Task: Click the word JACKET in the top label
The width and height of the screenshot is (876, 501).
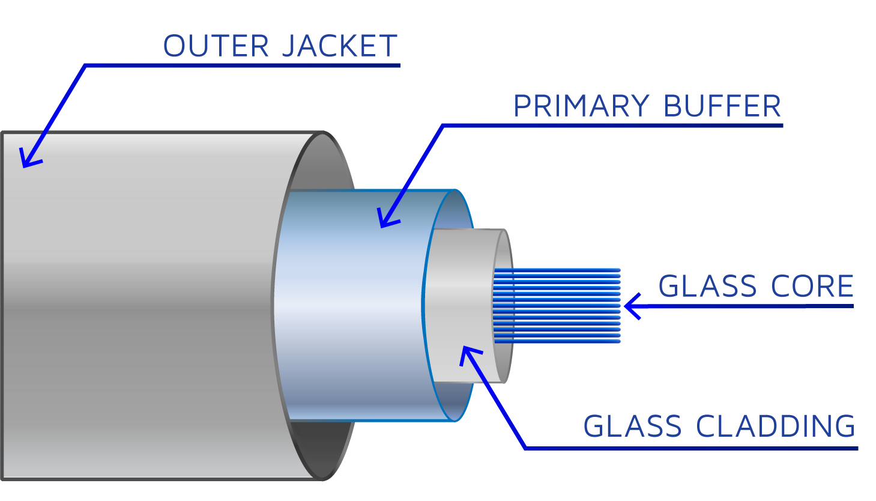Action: tap(339, 46)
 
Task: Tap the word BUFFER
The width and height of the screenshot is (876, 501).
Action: tap(722, 106)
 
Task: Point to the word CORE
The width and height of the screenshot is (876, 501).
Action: tap(812, 287)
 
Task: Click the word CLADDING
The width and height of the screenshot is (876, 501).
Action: tap(776, 427)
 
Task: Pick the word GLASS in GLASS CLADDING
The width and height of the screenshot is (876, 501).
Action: tap(632, 427)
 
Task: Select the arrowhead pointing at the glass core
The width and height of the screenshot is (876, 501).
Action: tap(630, 306)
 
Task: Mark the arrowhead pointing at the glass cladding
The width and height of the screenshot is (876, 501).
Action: tap(468, 354)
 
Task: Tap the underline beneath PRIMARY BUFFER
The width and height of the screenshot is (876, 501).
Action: tap(612, 126)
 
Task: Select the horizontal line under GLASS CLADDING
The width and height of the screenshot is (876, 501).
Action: tap(690, 448)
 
